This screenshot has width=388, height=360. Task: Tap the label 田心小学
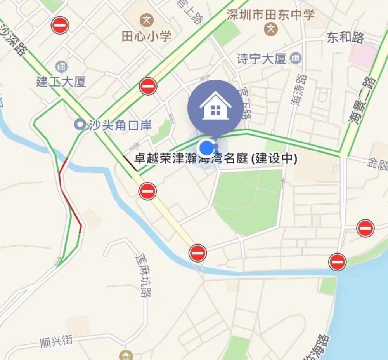click(146, 37)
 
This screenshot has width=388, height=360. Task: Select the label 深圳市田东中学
click(271, 15)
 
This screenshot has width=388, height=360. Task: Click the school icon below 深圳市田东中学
click(271, 28)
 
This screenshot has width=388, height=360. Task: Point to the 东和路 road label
click(345, 38)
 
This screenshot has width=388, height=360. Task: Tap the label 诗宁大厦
click(261, 59)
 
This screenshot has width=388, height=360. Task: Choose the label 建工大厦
click(61, 82)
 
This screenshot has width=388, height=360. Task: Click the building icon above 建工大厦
click(61, 66)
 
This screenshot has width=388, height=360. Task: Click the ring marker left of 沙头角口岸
click(80, 125)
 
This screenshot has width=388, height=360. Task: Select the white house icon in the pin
click(215, 107)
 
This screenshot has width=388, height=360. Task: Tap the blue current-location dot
click(205, 148)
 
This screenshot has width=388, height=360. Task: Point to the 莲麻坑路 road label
click(142, 275)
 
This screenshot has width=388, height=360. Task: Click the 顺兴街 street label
click(57, 341)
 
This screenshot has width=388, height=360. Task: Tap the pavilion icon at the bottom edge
click(126, 355)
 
